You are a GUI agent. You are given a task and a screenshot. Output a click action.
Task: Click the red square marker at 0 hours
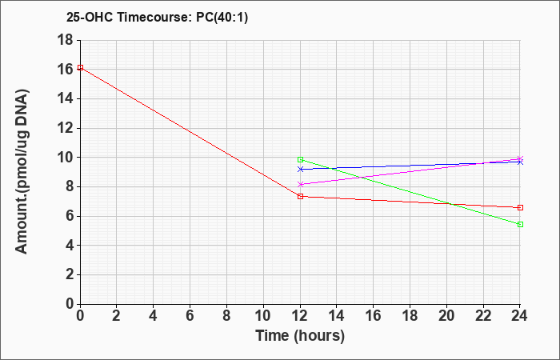click(80, 67)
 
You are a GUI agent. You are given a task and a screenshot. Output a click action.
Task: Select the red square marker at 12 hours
click(300, 196)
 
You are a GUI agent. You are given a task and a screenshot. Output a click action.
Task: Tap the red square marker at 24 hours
click(520, 207)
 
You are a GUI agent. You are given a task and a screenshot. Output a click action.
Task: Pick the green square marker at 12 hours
click(300, 160)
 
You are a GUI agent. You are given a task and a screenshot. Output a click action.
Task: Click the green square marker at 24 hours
click(520, 224)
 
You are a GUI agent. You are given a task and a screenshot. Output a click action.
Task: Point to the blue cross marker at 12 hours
click(300, 170)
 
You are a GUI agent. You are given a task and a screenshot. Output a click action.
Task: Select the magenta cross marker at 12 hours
click(300, 184)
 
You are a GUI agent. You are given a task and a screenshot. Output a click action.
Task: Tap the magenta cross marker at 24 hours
click(520, 158)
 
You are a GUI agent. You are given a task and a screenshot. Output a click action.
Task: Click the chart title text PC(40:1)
click(222, 18)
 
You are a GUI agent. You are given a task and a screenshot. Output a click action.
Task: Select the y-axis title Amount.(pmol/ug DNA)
click(22, 171)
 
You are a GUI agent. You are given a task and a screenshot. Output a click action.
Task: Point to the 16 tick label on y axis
click(65, 70)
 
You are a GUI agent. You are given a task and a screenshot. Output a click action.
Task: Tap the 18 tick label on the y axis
click(65, 40)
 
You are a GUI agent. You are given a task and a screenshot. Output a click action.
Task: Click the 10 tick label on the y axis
click(65, 158)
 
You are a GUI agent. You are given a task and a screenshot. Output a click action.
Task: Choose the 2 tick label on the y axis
click(70, 274)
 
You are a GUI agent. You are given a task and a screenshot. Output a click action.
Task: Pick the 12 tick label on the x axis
click(300, 316)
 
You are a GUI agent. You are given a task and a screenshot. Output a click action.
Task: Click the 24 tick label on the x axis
click(520, 316)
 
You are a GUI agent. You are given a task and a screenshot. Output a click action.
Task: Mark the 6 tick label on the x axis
click(190, 316)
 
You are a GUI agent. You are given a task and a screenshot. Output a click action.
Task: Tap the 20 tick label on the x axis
click(446, 316)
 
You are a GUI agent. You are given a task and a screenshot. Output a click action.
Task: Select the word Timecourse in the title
click(155, 18)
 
